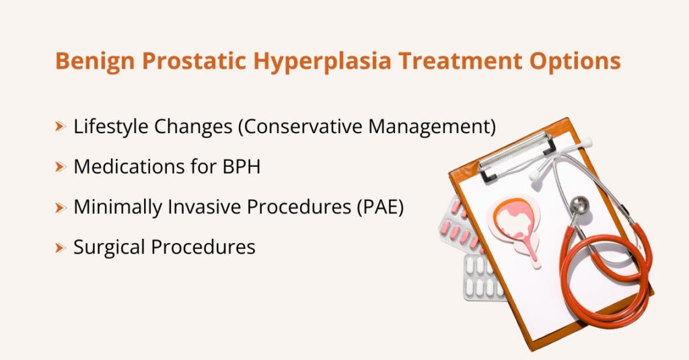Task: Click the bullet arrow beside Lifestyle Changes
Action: (61, 126)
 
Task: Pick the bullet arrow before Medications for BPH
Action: (61, 166)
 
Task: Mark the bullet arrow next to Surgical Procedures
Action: (61, 247)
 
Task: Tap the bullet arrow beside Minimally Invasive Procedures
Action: (61, 207)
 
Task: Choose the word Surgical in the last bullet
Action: (109, 248)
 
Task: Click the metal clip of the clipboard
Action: (518, 151)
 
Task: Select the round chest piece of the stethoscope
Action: (579, 205)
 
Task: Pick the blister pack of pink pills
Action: (464, 225)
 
